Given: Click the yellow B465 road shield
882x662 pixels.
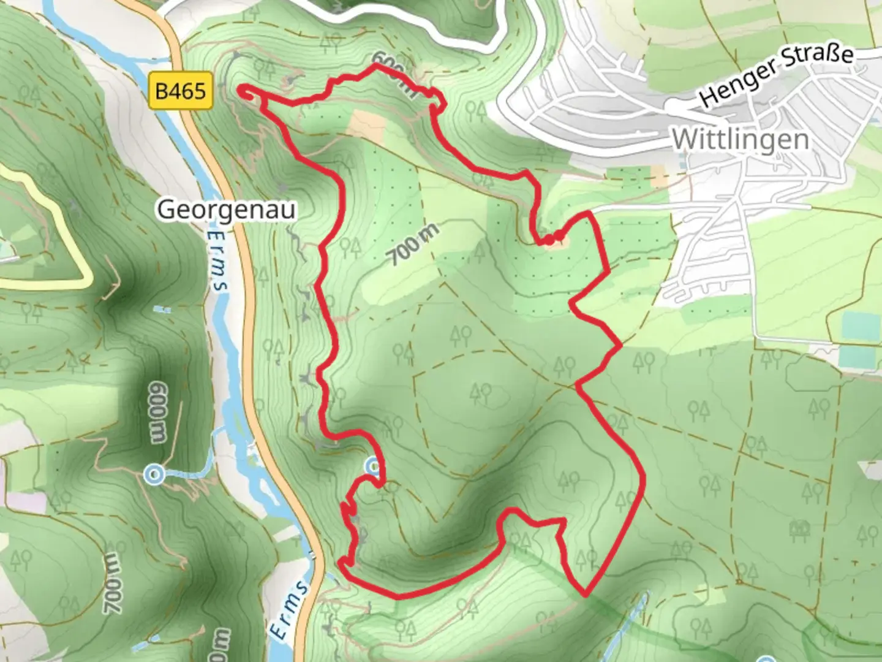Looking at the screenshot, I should coord(181,91).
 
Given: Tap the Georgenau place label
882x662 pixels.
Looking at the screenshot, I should coord(227,210).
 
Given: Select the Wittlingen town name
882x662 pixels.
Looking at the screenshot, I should coord(740,140).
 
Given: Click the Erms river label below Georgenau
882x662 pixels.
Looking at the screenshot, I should coord(217,261).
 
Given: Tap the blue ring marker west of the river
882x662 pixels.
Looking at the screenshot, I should coord(154,474).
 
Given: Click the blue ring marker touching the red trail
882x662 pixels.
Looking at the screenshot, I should coord(374,468).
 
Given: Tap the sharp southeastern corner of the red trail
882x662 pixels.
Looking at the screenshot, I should coord(586,593).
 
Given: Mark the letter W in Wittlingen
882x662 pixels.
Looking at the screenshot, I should coord(684,140).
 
